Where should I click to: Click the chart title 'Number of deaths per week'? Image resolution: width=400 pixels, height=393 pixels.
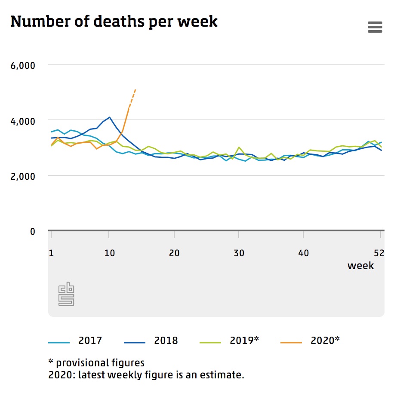click(x=114, y=21)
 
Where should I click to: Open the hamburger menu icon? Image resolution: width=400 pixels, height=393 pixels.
click(x=375, y=28)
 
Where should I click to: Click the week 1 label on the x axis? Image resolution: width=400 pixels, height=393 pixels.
click(x=51, y=253)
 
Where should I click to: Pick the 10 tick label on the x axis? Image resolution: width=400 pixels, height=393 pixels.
click(x=110, y=253)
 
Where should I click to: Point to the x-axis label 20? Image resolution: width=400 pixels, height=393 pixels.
click(x=174, y=253)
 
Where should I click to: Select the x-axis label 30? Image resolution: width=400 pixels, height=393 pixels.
click(x=239, y=253)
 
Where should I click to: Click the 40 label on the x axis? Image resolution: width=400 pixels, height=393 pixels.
click(x=304, y=253)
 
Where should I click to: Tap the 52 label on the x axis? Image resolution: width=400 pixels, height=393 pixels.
click(x=379, y=253)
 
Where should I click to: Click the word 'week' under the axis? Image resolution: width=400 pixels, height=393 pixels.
click(x=360, y=266)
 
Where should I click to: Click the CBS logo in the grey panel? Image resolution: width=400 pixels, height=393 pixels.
click(x=66, y=294)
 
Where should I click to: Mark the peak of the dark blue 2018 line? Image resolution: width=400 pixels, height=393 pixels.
click(x=110, y=117)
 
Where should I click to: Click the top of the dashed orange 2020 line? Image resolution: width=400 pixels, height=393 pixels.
click(x=135, y=89)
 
